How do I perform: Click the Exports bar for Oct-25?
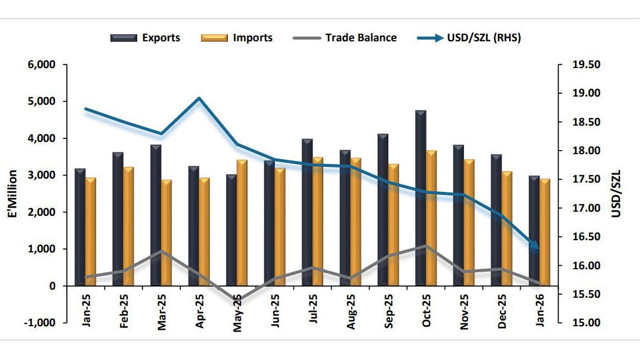click(x=421, y=198)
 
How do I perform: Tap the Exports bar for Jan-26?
click(x=534, y=230)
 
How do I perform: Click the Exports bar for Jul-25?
click(x=308, y=212)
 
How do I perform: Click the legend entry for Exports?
click(x=145, y=38)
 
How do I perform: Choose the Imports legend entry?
click(x=237, y=38)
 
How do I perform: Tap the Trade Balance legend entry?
click(x=347, y=38)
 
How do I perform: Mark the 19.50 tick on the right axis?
click(x=586, y=65)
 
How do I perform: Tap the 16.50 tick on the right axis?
click(x=586, y=237)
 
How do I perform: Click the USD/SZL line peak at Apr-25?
click(x=199, y=98)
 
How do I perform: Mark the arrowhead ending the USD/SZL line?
click(x=535, y=247)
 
